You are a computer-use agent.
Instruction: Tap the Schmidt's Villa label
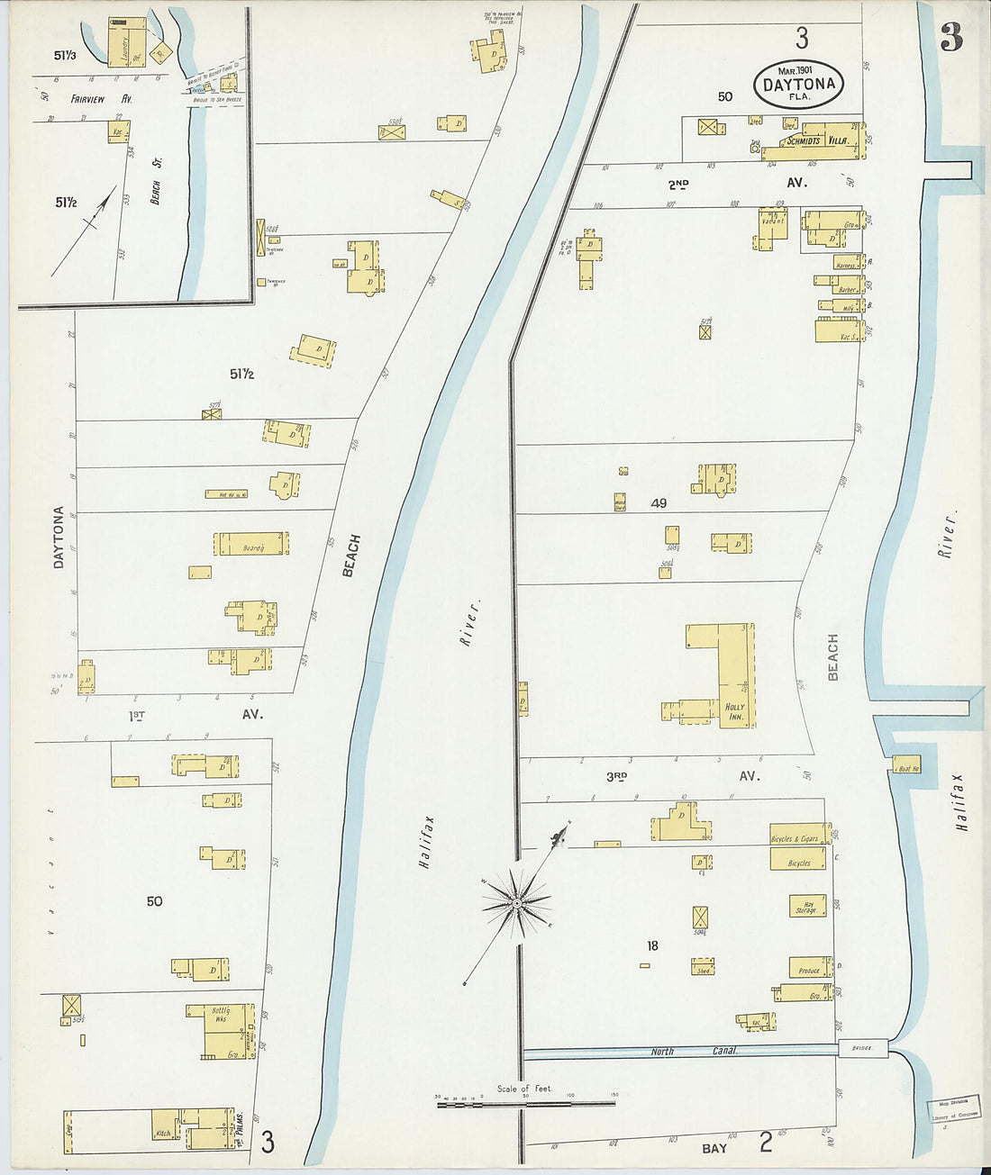click(816, 141)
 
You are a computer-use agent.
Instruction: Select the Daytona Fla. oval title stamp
click(798, 85)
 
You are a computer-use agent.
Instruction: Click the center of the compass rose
click(518, 902)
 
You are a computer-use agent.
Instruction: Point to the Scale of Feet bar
click(525, 1102)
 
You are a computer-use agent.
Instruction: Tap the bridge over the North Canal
click(863, 1048)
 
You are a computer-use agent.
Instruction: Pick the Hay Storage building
click(807, 906)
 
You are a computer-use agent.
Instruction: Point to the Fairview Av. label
click(114, 99)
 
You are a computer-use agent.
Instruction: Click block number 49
click(659, 503)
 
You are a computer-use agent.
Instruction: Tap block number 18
click(652, 945)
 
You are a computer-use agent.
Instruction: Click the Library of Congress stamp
click(953, 1114)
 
